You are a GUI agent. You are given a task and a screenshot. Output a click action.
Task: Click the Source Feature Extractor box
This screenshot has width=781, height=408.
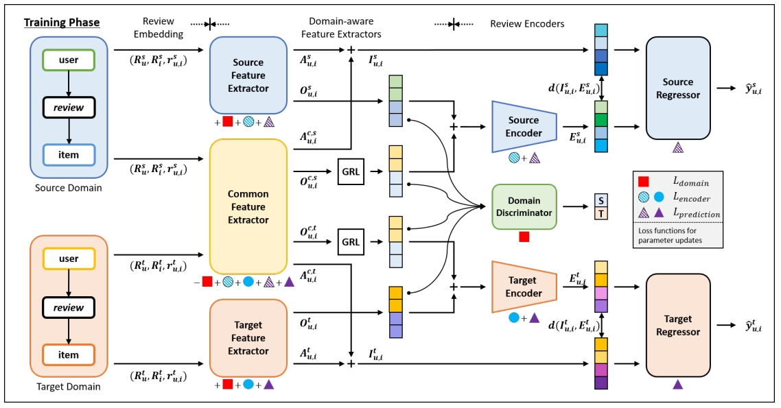(x=248, y=75)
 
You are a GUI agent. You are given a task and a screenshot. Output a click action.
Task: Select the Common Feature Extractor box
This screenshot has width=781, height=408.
(x=248, y=206)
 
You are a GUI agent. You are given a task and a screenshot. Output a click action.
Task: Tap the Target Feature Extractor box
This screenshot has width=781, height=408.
(x=248, y=337)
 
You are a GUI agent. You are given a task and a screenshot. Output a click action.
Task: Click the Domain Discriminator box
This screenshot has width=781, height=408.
(x=524, y=206)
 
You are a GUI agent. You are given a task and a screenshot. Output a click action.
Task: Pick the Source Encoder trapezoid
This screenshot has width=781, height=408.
(x=524, y=126)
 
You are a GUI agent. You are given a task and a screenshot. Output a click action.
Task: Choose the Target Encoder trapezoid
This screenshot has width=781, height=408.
(x=524, y=287)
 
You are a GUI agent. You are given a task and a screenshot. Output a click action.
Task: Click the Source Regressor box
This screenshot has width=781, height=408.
(x=677, y=88)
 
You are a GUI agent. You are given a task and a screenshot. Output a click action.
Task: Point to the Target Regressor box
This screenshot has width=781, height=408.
(x=677, y=325)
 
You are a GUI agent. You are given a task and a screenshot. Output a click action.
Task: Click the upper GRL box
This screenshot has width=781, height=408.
(x=351, y=171)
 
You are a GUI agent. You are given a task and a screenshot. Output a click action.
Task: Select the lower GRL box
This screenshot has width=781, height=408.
(x=351, y=242)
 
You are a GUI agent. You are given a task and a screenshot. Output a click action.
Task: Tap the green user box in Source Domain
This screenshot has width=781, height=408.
(x=69, y=60)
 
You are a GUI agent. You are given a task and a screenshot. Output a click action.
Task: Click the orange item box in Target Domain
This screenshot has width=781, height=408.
(x=69, y=355)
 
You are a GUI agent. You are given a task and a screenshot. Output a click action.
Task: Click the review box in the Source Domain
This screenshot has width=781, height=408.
(x=69, y=107)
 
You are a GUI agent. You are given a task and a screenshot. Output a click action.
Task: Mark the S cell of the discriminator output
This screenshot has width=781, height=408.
(x=601, y=200)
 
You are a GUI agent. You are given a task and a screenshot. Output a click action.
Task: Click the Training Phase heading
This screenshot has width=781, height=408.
(x=62, y=23)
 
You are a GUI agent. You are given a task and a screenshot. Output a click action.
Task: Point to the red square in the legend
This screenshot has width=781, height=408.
(x=643, y=182)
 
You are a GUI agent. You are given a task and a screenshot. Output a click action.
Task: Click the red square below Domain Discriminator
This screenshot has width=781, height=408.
(x=524, y=237)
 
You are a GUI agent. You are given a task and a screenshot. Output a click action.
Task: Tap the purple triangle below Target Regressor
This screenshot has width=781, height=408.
(x=677, y=385)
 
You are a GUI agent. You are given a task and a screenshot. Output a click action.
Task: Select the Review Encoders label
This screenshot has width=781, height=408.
(x=527, y=24)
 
